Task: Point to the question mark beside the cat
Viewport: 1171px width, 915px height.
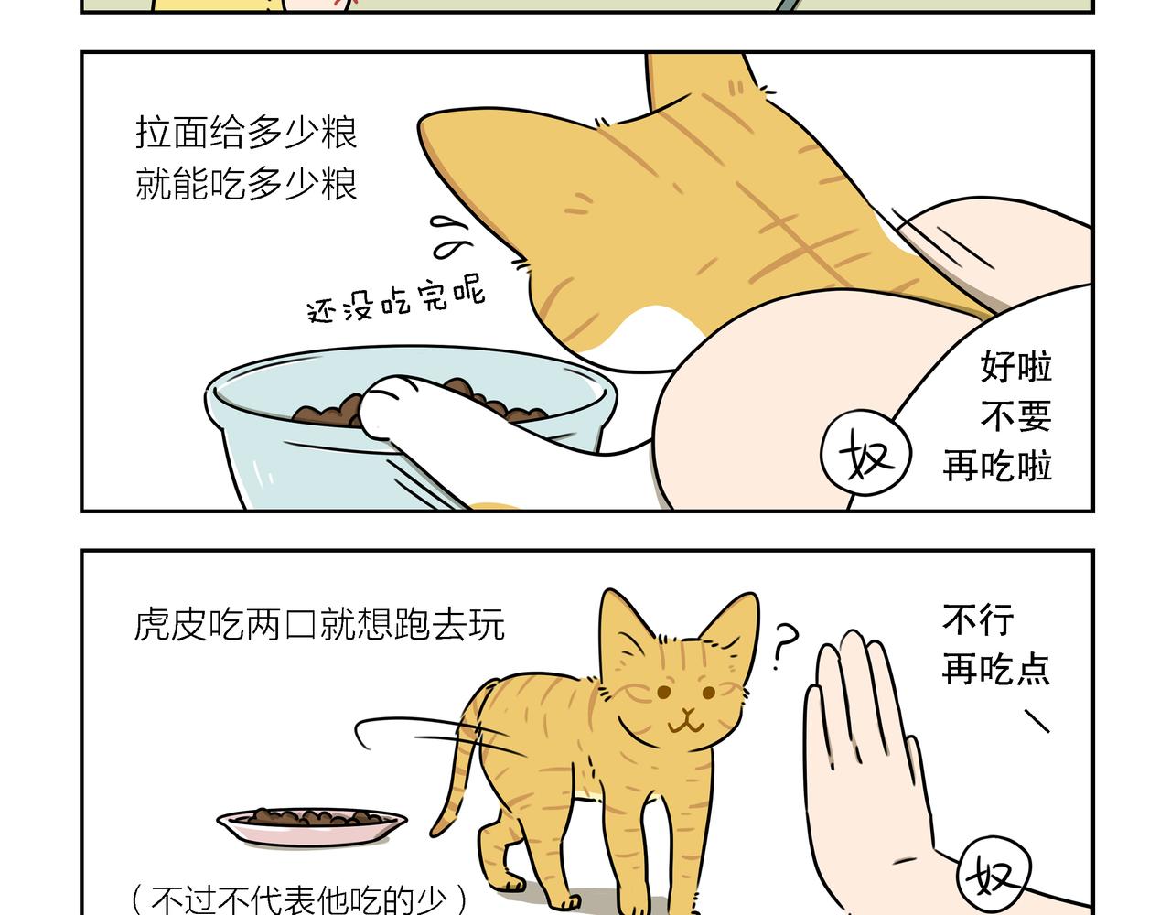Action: [x=783, y=646]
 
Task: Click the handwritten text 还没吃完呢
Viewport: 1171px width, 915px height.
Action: [x=395, y=300]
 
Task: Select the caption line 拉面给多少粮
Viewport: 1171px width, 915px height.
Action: [x=246, y=133]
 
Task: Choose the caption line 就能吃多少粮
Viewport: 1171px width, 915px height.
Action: [x=246, y=184]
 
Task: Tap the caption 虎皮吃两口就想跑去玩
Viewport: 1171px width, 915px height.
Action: [x=319, y=626]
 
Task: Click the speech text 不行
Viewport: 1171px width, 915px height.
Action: [x=978, y=620]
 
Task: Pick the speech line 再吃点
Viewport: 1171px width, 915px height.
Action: [x=995, y=670]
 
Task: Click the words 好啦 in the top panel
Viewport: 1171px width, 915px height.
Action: [x=1015, y=367]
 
